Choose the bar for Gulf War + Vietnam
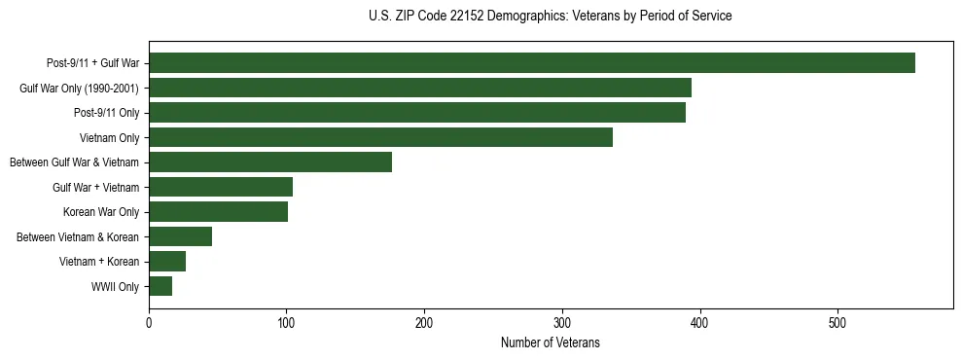tap(221, 187)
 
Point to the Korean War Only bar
tap(218, 212)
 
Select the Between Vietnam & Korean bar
tap(180, 236)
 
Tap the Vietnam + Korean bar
tap(167, 262)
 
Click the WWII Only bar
tap(160, 286)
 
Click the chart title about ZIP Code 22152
tap(551, 17)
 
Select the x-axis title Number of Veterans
tap(551, 343)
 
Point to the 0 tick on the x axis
tap(149, 324)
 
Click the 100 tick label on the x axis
tap(286, 324)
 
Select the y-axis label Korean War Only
tap(101, 212)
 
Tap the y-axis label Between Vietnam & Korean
tap(79, 237)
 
